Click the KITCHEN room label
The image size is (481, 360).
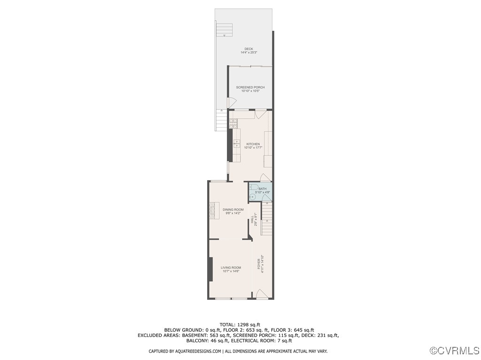(x=253, y=144)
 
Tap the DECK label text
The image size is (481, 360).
(x=248, y=49)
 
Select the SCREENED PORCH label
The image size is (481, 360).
(x=250, y=87)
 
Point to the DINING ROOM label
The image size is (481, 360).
(x=233, y=209)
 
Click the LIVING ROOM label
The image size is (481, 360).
(x=231, y=268)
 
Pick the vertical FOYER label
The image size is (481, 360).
(x=258, y=265)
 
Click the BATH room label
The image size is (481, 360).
(x=262, y=189)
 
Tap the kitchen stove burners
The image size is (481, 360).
(x=233, y=123)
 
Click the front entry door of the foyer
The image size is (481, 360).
(x=262, y=295)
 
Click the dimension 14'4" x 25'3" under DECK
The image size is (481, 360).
(x=248, y=53)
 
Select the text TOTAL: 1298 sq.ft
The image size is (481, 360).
(x=240, y=324)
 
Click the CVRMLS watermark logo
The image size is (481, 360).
(x=455, y=351)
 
